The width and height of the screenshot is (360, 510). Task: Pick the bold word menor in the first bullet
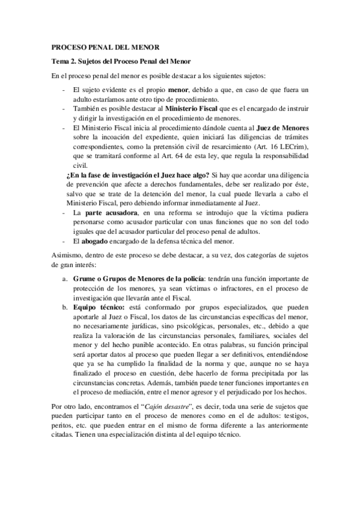[x=177, y=90]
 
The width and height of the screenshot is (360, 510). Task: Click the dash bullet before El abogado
[x=64, y=241]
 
